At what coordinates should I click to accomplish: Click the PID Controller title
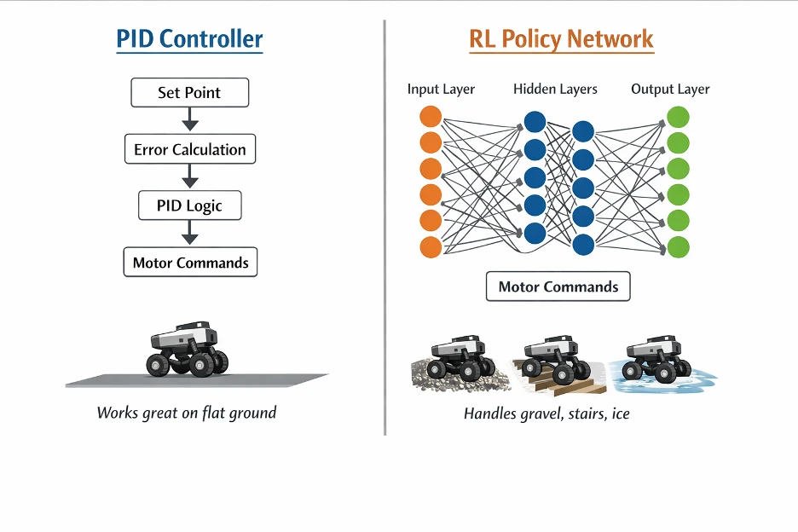point(189,38)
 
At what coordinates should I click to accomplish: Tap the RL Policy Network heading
point(561,38)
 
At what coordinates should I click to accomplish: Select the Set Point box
point(190,93)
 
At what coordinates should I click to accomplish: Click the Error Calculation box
point(190,149)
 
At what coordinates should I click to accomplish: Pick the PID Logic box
point(190,205)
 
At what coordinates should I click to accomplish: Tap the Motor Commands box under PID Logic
point(190,263)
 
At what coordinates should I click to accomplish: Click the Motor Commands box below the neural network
point(558,286)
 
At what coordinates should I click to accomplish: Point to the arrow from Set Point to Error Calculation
point(190,119)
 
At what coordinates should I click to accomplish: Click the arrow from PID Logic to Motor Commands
point(190,233)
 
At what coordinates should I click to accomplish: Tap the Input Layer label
point(441,89)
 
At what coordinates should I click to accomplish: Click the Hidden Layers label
point(555,89)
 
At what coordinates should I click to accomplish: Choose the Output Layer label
point(670,89)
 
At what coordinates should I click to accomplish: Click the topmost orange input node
point(431,117)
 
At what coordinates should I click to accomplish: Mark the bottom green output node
point(679,247)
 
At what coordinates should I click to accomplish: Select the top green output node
point(679,117)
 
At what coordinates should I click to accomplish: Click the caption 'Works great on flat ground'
point(187,413)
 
